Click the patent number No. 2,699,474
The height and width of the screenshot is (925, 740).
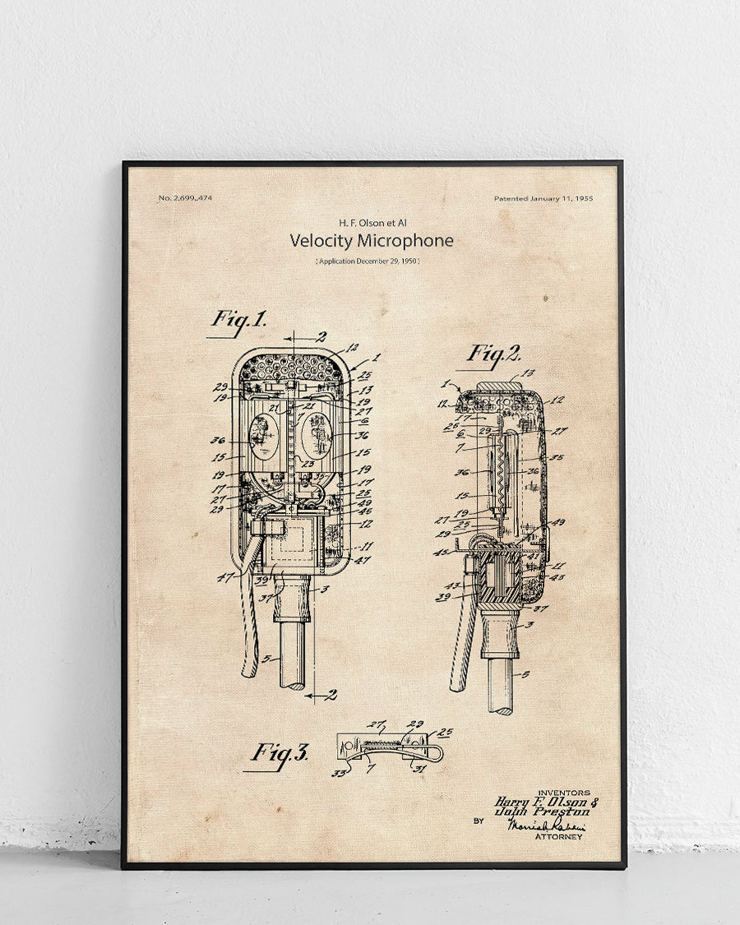coord(184,198)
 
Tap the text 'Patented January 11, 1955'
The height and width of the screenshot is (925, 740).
coord(543,198)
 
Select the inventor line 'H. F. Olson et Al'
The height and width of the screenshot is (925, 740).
coord(372,222)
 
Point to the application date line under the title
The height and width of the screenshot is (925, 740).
coord(368,261)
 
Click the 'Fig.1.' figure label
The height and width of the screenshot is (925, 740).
coord(239,319)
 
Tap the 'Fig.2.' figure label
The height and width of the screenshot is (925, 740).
coord(495,354)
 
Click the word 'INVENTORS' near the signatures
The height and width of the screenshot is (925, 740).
coord(563,792)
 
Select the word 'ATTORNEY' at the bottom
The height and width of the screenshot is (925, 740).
coord(558,837)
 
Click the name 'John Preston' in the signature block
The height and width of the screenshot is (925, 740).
coord(542,812)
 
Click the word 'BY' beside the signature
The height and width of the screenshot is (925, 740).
coord(479,820)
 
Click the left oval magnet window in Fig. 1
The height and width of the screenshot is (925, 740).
coord(263,437)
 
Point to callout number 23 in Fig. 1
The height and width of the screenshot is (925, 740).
coord(310,464)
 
